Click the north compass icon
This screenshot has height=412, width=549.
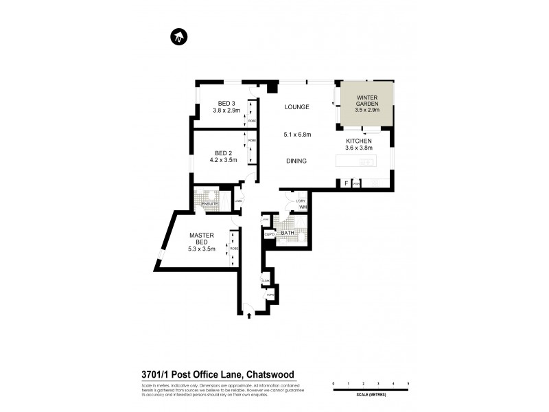[178, 37]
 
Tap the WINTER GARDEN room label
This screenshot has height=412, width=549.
[368, 101]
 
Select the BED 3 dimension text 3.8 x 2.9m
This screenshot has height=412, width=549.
[226, 110]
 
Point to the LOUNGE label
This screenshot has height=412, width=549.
[298, 107]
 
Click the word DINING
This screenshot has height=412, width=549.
[296, 161]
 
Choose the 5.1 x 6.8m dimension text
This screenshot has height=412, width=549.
[297, 135]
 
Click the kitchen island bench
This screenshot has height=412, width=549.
[355, 162]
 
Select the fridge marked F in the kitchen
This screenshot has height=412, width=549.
[346, 183]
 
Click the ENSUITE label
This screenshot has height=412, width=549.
[210, 204]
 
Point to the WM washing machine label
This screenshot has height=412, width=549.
[302, 207]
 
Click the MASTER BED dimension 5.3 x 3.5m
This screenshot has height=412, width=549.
[202, 249]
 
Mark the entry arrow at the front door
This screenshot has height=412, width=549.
[248, 314]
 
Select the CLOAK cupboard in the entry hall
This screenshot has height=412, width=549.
[266, 281]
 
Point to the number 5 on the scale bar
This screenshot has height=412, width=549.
[408, 382]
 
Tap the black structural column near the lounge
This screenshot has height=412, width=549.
[272, 87]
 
